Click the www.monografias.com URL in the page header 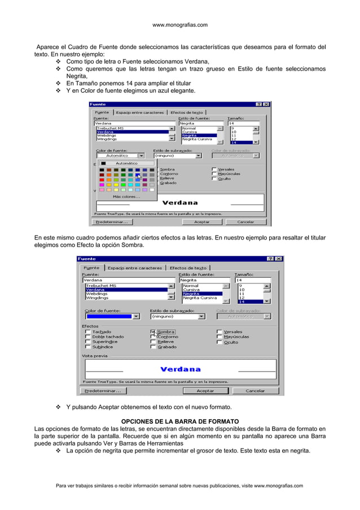180,25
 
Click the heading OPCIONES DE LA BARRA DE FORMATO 180,421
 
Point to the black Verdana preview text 180,202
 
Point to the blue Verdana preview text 180,369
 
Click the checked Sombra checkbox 153,332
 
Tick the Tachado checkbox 87,332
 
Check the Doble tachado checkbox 87,337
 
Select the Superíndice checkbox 87,342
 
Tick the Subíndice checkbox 87,347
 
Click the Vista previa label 95,356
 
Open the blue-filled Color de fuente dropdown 112,317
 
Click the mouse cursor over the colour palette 139,177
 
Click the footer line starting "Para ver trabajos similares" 180,486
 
